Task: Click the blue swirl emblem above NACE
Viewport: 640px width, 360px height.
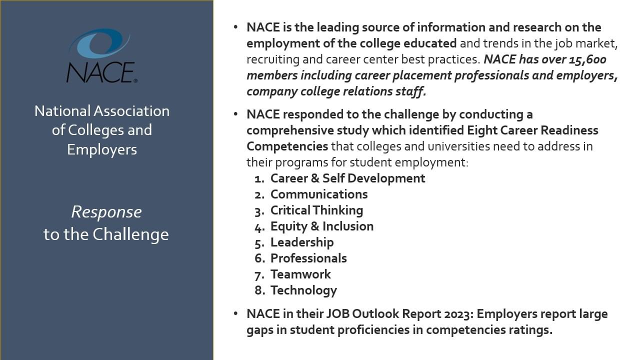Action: point(99,43)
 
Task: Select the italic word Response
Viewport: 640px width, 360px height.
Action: point(106,212)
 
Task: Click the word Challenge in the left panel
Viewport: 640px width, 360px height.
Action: point(130,234)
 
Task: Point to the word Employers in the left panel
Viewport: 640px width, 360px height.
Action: point(102,150)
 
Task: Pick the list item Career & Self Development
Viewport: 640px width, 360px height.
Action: point(347,178)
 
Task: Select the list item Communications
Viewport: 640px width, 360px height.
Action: point(319,194)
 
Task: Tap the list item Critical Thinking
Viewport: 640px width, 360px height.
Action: point(316,210)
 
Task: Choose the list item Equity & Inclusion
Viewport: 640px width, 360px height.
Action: point(322,226)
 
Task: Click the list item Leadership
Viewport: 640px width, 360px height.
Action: point(302,242)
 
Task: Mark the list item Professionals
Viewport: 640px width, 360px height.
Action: point(308,258)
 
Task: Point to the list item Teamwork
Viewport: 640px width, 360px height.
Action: point(300,274)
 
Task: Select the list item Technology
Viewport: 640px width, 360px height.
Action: point(303,290)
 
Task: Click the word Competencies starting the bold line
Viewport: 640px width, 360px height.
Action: point(287,146)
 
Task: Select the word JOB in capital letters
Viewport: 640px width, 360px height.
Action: point(337,314)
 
